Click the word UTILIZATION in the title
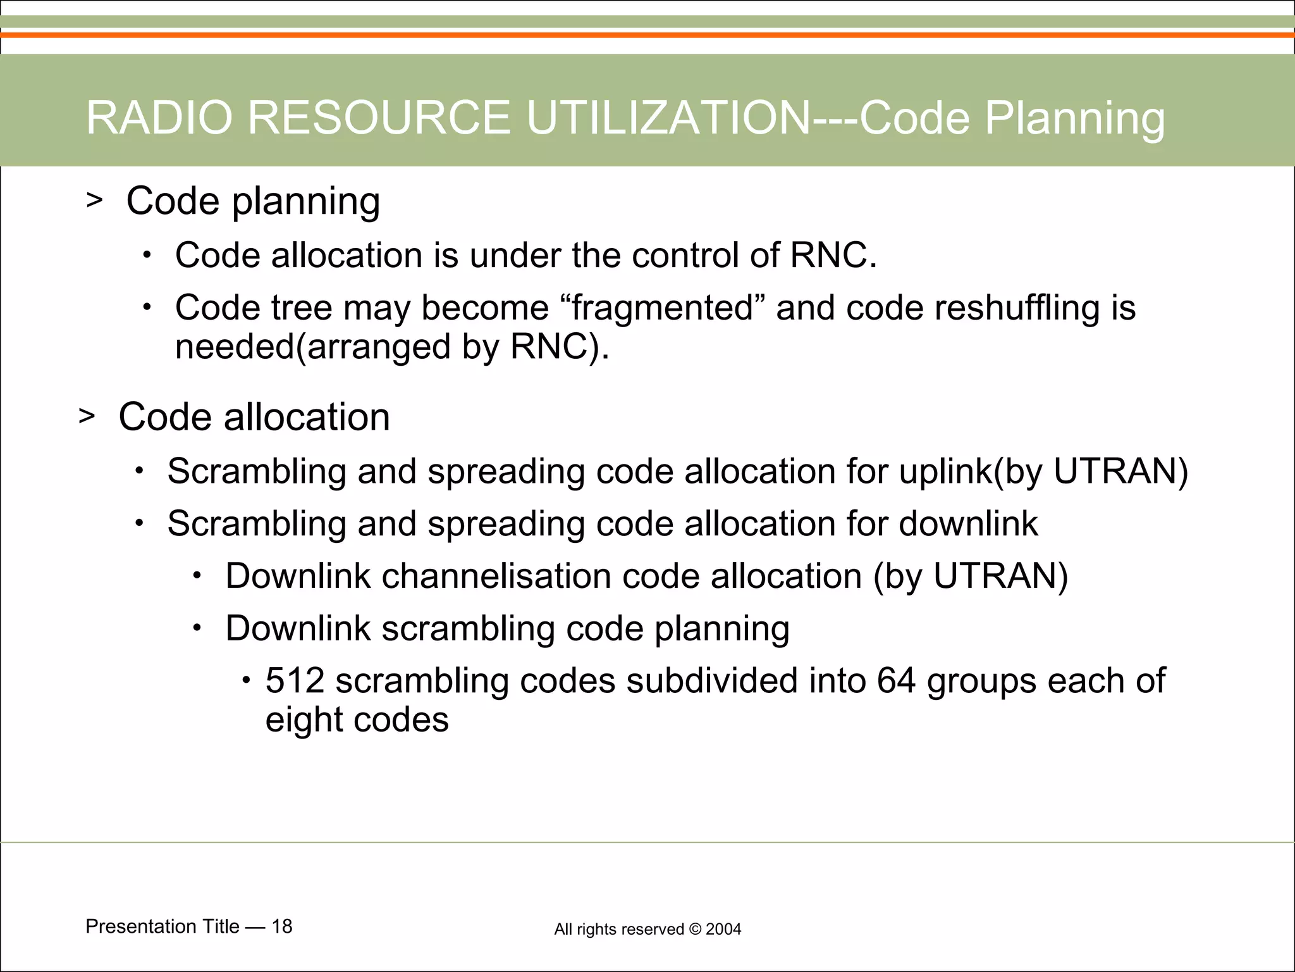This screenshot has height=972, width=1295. coord(668,118)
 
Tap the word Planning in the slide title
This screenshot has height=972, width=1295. coord(1075,118)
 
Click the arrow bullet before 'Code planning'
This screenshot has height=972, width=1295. coord(94,201)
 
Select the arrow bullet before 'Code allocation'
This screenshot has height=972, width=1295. coord(87,416)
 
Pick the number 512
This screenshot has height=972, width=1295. coord(295,681)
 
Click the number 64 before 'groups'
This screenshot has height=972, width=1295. coord(895,681)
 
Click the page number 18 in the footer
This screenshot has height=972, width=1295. coord(282,926)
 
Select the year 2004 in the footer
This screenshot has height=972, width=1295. coord(723,930)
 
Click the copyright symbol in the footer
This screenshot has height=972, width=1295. coord(695,930)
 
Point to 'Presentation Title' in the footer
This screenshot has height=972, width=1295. coord(163,926)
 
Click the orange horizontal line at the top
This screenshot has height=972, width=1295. coord(647,35)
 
